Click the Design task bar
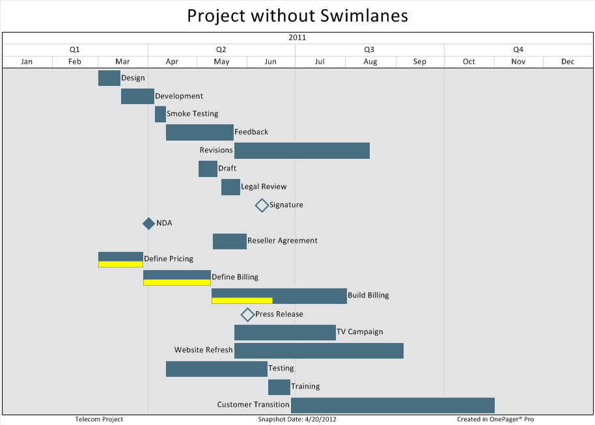pyautogui.click(x=109, y=78)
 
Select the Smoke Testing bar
pyautogui.click(x=160, y=114)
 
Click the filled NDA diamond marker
pyautogui.click(x=148, y=223)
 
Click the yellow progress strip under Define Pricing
pyautogui.click(x=120, y=264)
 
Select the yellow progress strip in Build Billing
pyautogui.click(x=242, y=301)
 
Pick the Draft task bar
pyautogui.click(x=208, y=169)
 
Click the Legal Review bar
pyautogui.click(x=230, y=187)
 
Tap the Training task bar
pyautogui.click(x=279, y=387)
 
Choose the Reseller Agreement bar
pyautogui.click(x=230, y=241)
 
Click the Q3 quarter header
pyautogui.click(x=369, y=49)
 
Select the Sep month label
pyautogui.click(x=420, y=62)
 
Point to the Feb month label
pyautogui.click(x=75, y=62)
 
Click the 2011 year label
pyautogui.click(x=297, y=38)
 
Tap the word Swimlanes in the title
pyautogui.click(x=364, y=16)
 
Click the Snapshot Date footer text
pyautogui.click(x=297, y=419)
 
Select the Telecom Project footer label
pyautogui.click(x=99, y=419)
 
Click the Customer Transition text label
pyautogui.click(x=253, y=405)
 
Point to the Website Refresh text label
pyautogui.click(x=203, y=350)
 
